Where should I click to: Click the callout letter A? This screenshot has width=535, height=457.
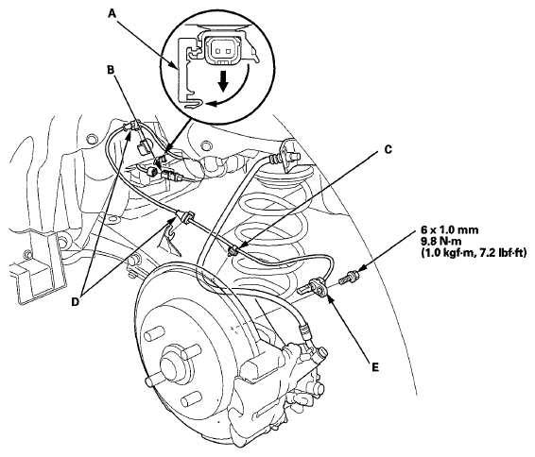tap(112, 13)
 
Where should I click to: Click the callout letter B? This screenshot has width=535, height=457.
tap(111, 70)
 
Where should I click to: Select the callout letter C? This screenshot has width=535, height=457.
tap(388, 149)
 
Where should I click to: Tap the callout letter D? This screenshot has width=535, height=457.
tap(75, 301)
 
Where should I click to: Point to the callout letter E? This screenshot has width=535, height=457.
tap(375, 367)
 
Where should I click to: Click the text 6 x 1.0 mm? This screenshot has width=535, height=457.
tap(449, 230)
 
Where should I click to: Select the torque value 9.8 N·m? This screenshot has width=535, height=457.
tap(440, 242)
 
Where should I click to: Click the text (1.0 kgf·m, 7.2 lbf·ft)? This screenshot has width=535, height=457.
tap(474, 253)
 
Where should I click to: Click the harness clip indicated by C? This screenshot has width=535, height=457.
tap(233, 251)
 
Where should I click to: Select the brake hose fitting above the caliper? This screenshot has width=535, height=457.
tap(304, 331)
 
